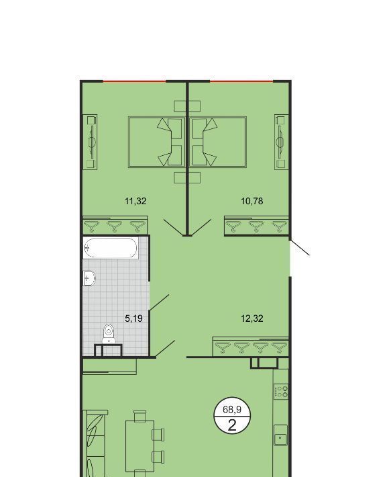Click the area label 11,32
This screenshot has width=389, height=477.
[x=135, y=201]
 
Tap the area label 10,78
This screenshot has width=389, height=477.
[x=252, y=201]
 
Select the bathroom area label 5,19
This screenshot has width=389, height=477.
[x=133, y=318]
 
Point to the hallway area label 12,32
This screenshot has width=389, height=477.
[x=252, y=318]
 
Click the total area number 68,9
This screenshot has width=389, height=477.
[x=232, y=409]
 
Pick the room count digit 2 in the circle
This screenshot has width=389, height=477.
[x=232, y=425]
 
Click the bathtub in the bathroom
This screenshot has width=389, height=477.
[x=111, y=248]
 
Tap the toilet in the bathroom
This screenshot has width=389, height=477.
[x=109, y=334]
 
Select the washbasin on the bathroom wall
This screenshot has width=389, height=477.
[x=89, y=278]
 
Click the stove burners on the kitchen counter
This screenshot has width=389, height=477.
[x=281, y=392]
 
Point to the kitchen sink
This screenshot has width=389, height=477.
[x=280, y=435]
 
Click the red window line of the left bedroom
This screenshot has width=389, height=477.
[x=135, y=81]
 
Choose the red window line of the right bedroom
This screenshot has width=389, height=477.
[x=241, y=81]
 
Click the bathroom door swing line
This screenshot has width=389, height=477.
[x=159, y=303]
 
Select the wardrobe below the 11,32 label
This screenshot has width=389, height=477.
[x=115, y=226]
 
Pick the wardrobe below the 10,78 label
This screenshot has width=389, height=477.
[x=256, y=226]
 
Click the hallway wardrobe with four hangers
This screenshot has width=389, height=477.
[x=251, y=347]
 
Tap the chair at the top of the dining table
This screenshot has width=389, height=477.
[x=140, y=416]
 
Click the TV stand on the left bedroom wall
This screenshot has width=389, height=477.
[x=90, y=142]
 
